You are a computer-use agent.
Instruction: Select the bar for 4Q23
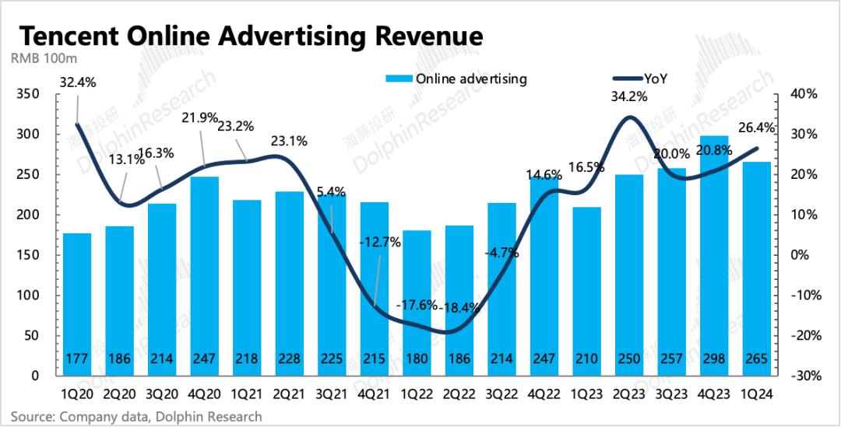pos(713,257)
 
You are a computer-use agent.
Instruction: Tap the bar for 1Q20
pos(77,303)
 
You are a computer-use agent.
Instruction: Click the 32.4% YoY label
pos(76,82)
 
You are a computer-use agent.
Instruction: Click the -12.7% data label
pos(381,242)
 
